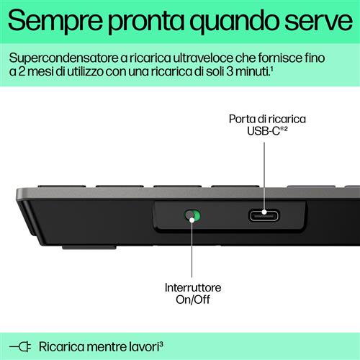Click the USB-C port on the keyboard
tap(264, 215)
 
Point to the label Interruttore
tap(192, 287)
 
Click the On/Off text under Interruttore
tap(192, 300)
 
